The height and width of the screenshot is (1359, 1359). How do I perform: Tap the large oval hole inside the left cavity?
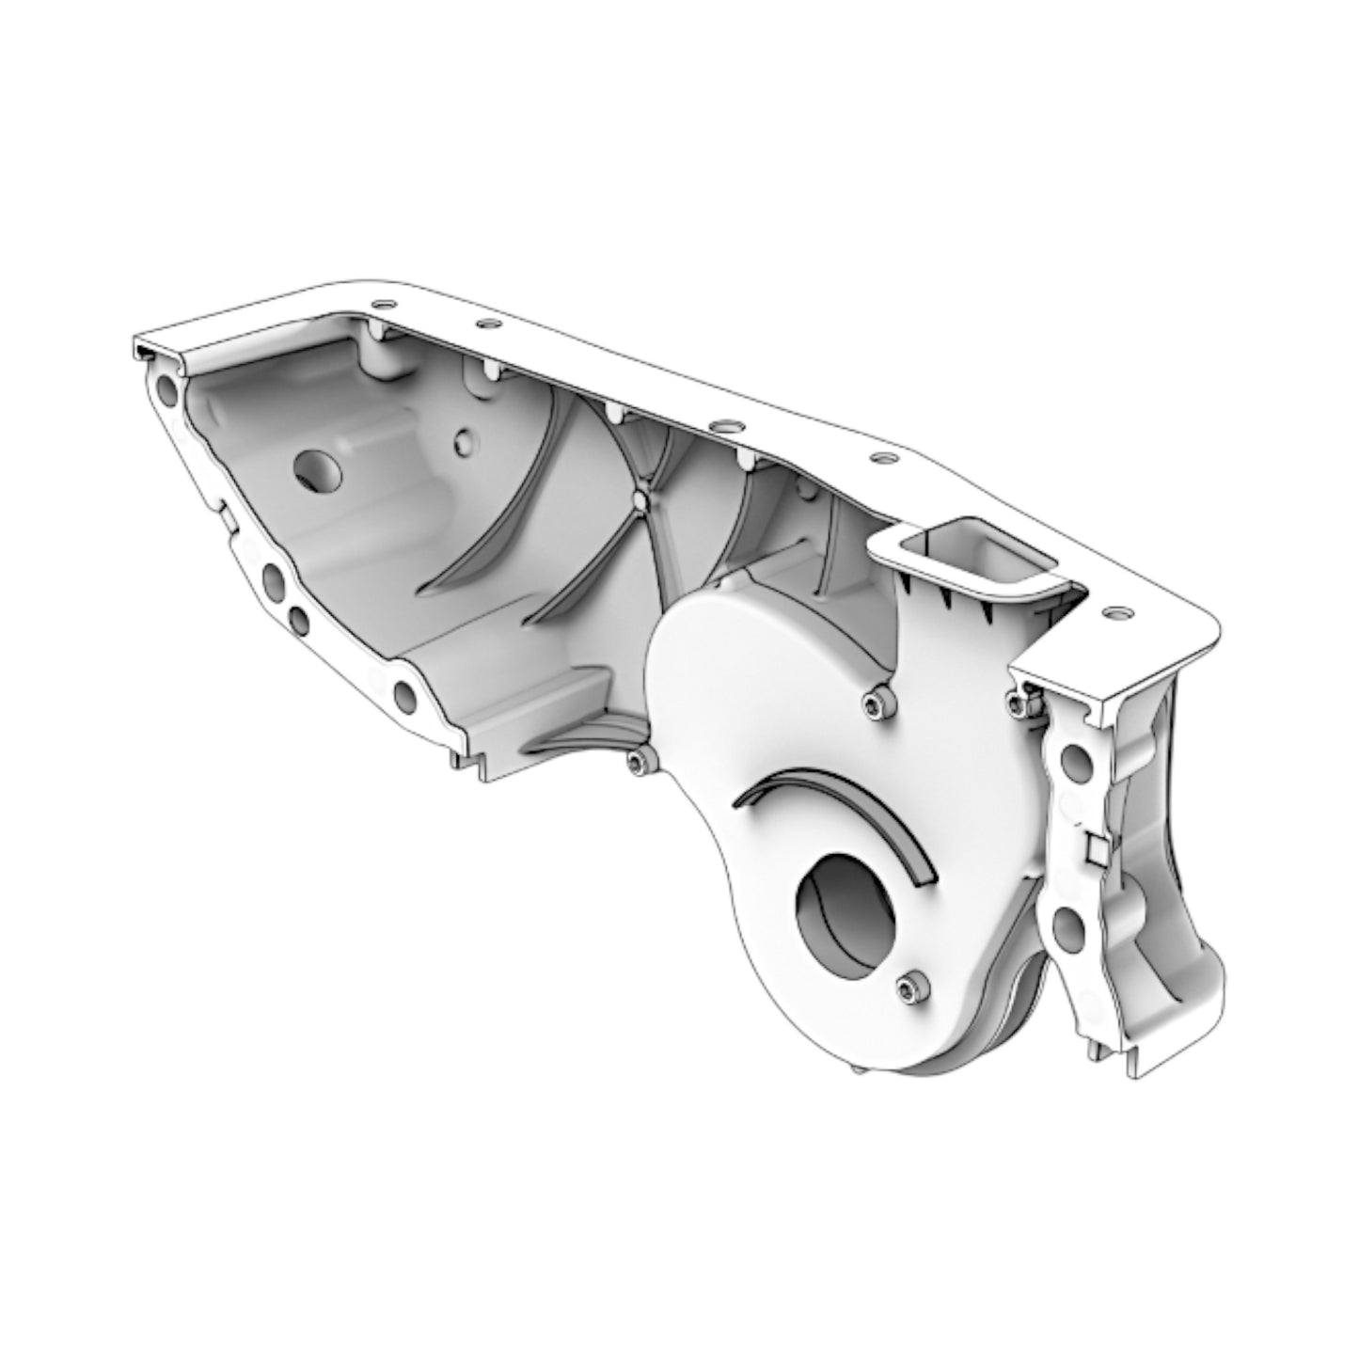(320, 468)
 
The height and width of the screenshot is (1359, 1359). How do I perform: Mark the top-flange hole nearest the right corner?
(1116, 612)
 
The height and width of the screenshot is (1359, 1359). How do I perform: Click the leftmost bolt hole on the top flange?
(381, 304)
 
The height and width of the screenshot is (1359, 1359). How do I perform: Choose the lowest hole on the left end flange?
(405, 695)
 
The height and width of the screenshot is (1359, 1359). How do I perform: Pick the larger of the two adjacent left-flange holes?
(274, 584)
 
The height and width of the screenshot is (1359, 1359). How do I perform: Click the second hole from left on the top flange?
(485, 324)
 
